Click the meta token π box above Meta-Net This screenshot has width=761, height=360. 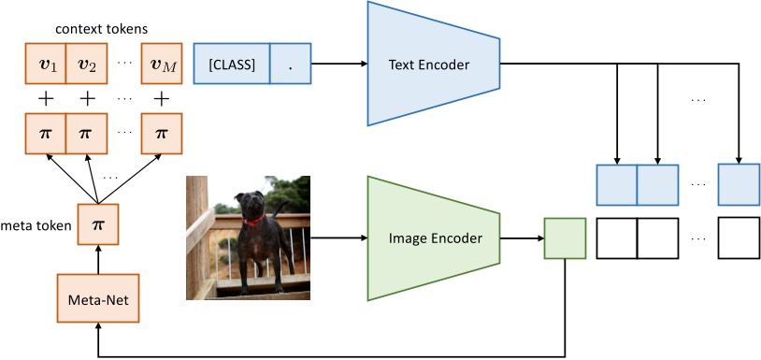pyautogui.click(x=97, y=225)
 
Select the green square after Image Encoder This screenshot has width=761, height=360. pyautogui.click(x=565, y=238)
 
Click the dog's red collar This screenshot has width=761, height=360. pyautogui.click(x=252, y=223)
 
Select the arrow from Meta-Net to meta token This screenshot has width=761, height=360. pyautogui.click(x=97, y=259)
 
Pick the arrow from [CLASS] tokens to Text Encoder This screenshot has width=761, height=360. pyautogui.click(x=339, y=64)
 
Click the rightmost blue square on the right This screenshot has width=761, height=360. pyautogui.click(x=739, y=184)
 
